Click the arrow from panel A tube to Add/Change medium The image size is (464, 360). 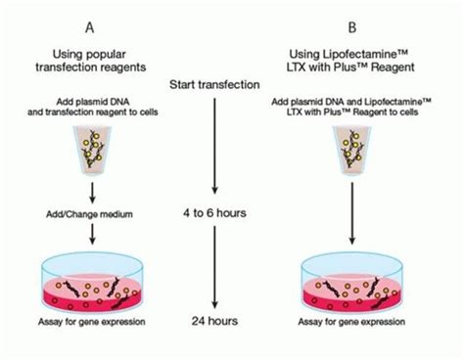point(90,188)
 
